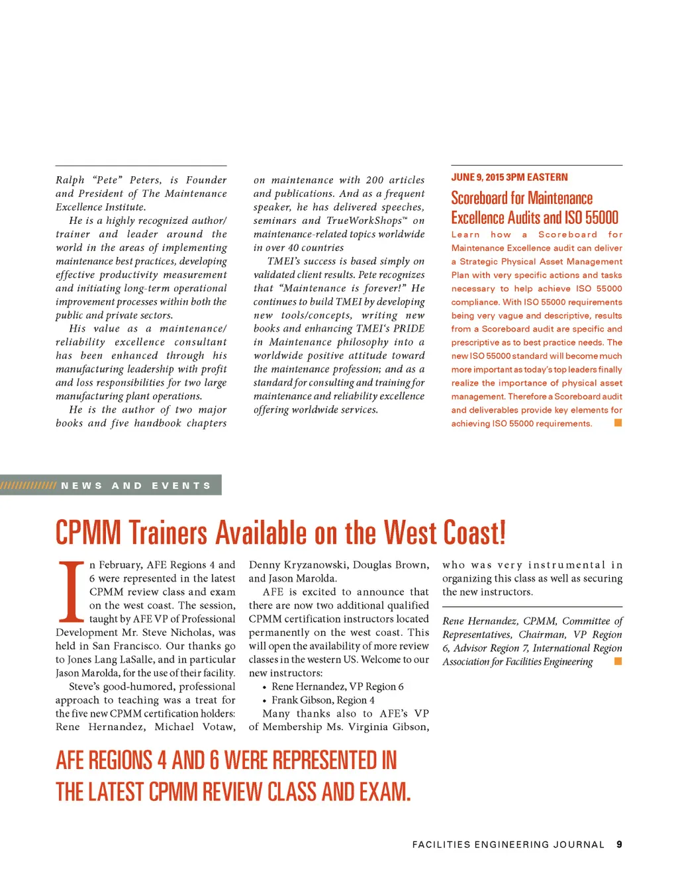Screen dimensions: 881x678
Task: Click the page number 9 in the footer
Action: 619,844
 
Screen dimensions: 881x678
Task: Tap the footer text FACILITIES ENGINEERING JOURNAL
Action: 508,845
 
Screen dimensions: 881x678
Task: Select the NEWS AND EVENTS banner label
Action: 136,486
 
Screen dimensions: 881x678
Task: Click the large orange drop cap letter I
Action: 72,591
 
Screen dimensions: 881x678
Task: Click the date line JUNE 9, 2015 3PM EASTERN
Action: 509,177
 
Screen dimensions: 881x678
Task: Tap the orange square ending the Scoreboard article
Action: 618,423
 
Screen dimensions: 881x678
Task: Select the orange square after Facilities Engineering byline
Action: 618,661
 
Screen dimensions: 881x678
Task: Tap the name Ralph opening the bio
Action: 70,180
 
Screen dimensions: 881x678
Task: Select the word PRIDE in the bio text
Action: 409,329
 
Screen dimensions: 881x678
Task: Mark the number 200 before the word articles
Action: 375,180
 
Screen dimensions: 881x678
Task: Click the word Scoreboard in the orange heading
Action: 479,198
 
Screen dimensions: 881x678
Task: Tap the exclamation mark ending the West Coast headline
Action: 502,533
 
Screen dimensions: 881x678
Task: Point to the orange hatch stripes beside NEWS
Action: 28,486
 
